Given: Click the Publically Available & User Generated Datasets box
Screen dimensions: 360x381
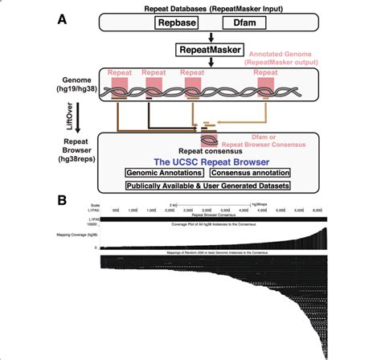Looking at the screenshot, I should pos(207,186).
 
